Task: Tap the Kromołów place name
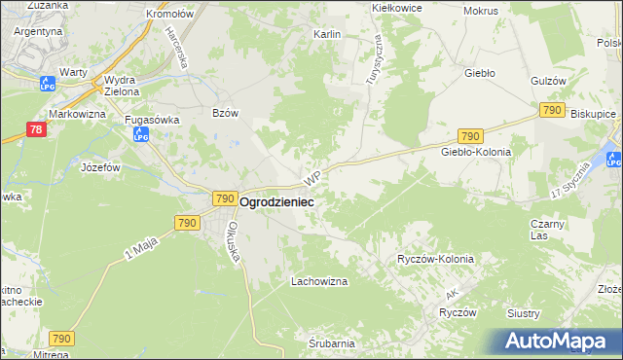point(169,15)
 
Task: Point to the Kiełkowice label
point(397,7)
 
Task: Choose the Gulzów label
point(549,81)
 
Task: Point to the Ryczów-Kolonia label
point(435,260)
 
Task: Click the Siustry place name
point(551,313)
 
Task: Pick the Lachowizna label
point(319,281)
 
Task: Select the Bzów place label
point(225,113)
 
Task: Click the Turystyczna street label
point(375,58)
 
